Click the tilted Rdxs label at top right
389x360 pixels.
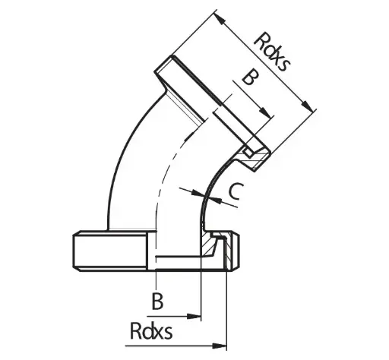pyautogui.click(x=272, y=52)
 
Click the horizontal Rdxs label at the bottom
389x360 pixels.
pyautogui.click(x=151, y=331)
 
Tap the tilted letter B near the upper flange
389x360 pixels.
pyautogui.click(x=251, y=77)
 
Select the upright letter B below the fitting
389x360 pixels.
pyautogui.click(x=157, y=301)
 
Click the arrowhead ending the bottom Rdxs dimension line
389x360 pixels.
pyautogui.click(x=220, y=346)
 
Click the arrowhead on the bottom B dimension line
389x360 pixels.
pyautogui.click(x=194, y=316)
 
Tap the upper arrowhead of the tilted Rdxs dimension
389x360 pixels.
pyautogui.click(x=220, y=18)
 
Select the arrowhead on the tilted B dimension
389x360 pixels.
pyautogui.click(x=267, y=112)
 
